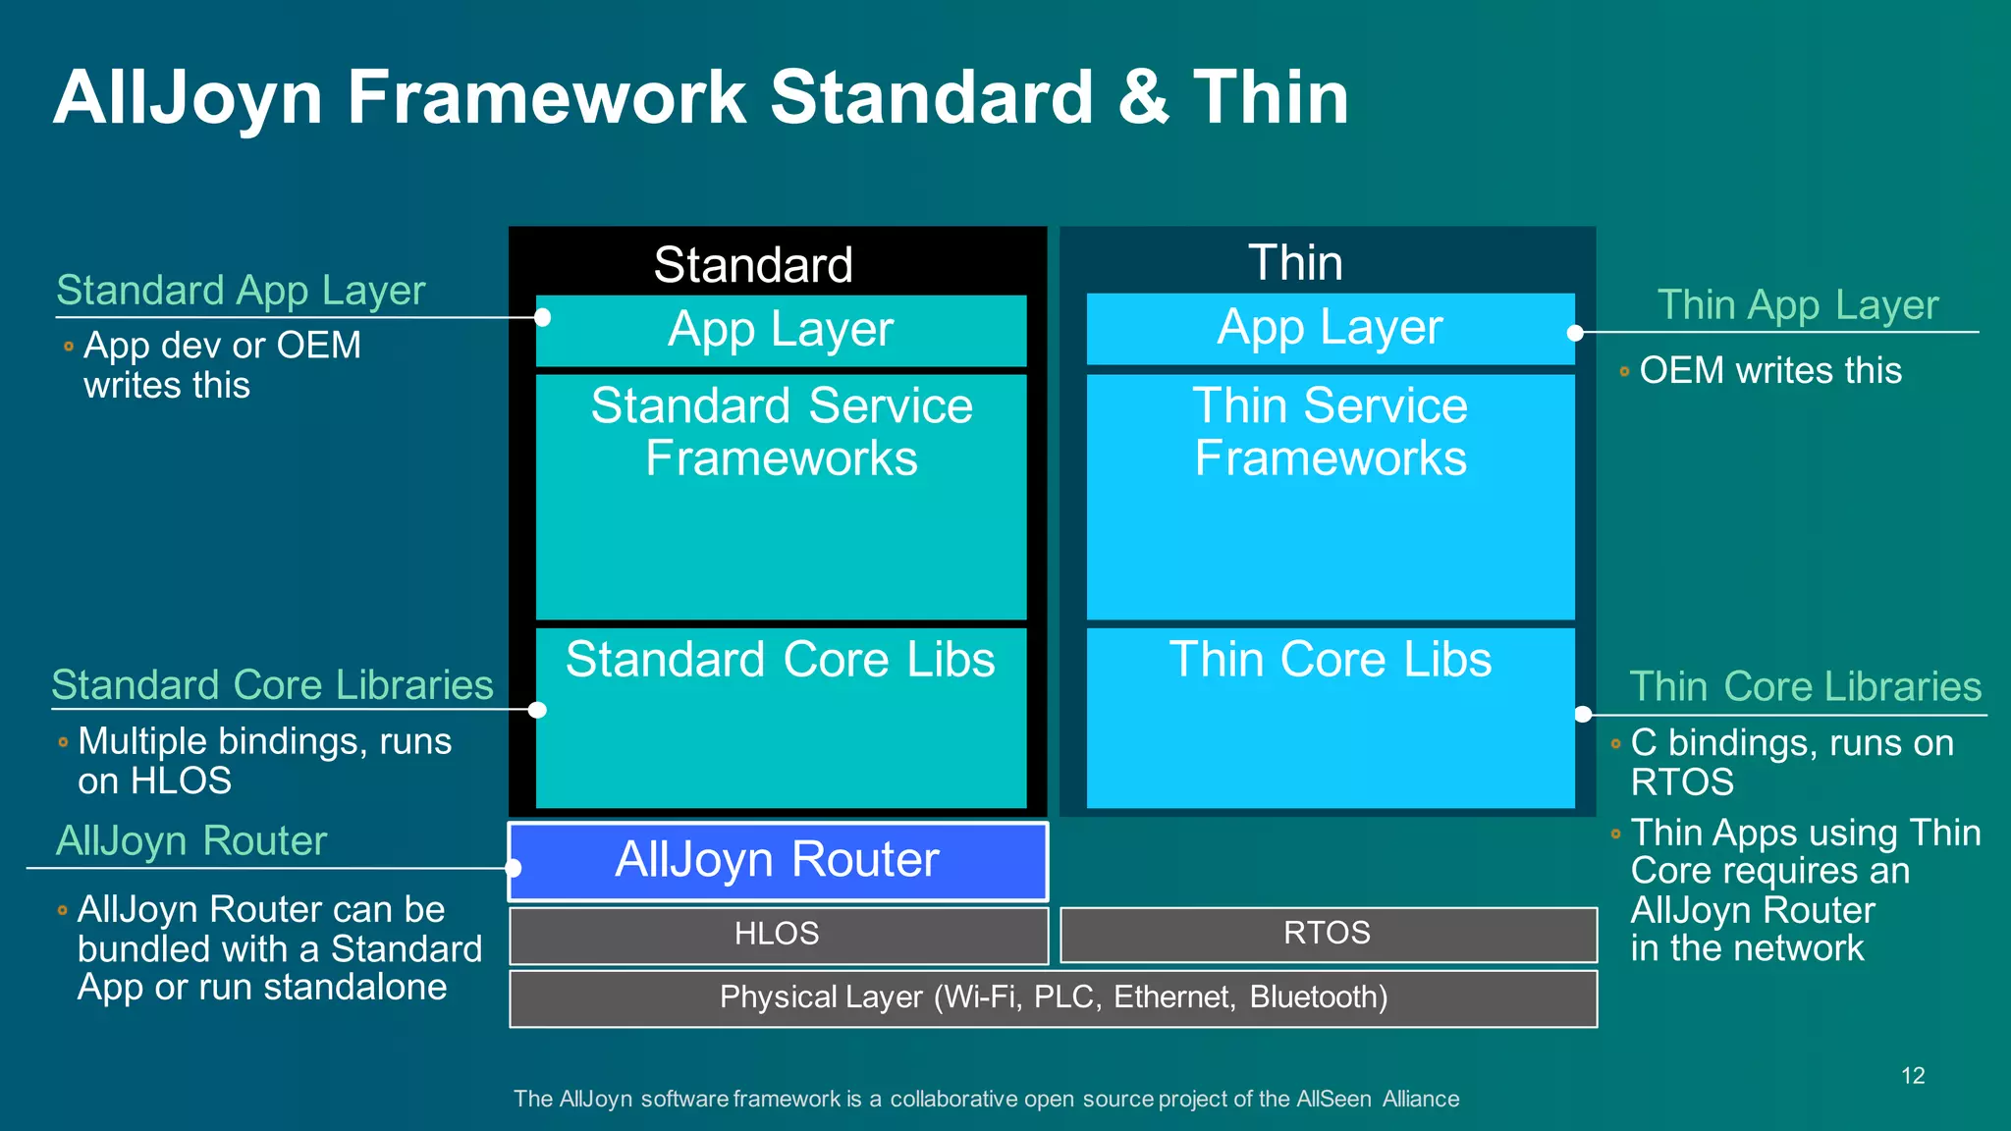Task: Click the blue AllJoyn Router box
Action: click(778, 861)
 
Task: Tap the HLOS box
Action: click(778, 934)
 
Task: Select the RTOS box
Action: click(1328, 934)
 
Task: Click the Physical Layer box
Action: click(1053, 997)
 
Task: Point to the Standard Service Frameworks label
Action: click(782, 432)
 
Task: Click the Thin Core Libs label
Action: click(1330, 659)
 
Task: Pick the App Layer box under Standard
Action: click(781, 330)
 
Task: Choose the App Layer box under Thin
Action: click(1330, 328)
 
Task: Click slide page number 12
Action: click(1913, 1075)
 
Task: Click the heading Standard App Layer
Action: click(241, 291)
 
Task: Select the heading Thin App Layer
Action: click(1797, 305)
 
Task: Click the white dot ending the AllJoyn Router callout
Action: click(513, 868)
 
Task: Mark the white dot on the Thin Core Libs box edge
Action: click(1583, 714)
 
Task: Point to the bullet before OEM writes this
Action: click(1624, 372)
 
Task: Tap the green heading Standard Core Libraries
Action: click(272, 685)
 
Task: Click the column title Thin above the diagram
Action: click(1295, 263)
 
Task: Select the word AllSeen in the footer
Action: click(1333, 1099)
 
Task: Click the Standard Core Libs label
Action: click(781, 659)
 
